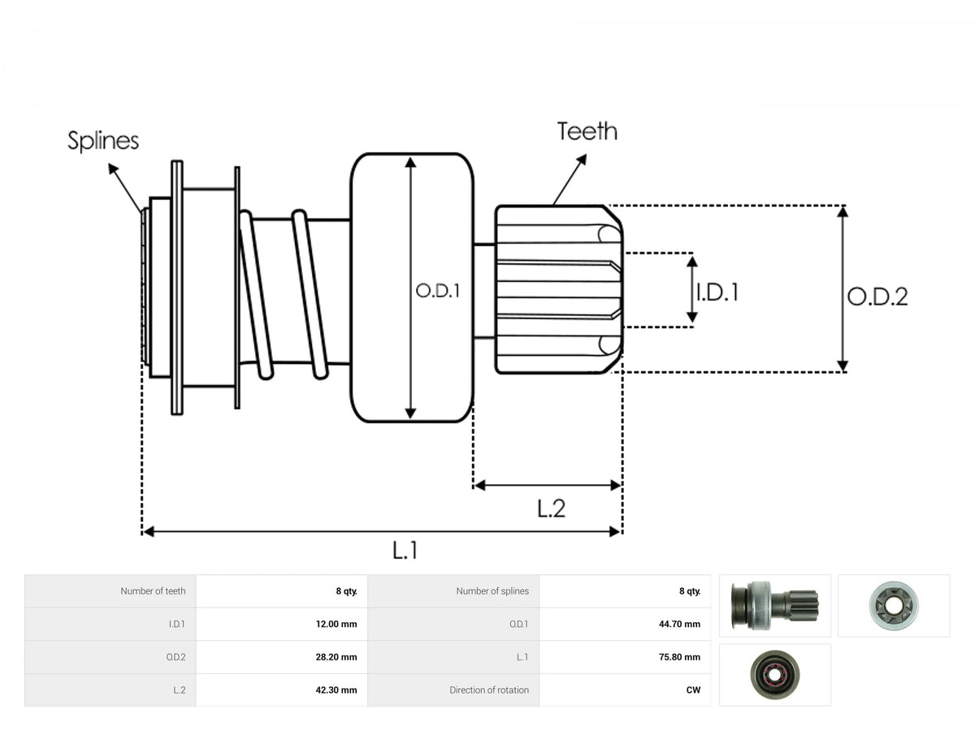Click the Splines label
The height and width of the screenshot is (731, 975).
click(x=103, y=141)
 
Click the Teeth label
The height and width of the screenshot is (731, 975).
click(x=587, y=132)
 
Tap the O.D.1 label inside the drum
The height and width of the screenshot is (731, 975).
click(x=437, y=291)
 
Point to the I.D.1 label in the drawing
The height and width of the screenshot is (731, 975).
click(x=717, y=292)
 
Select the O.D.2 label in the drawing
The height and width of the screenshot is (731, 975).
click(x=877, y=296)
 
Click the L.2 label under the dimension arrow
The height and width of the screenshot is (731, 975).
click(x=551, y=508)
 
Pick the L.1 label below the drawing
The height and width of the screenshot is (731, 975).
click(x=405, y=551)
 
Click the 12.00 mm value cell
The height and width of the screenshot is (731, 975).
click(x=336, y=624)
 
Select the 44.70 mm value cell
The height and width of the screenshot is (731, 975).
click(x=679, y=624)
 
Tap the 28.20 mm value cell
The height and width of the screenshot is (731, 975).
click(x=336, y=657)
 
